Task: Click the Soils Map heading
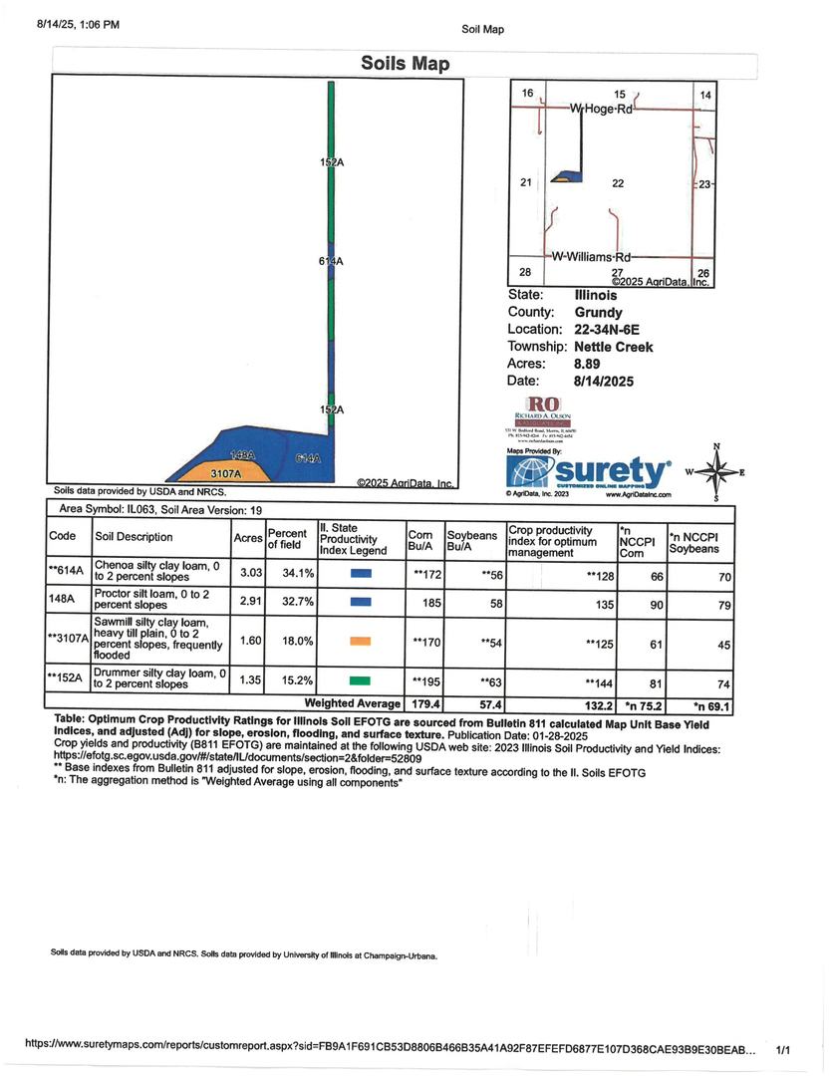pos(405,64)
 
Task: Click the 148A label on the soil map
pos(243,455)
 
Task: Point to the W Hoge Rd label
pos(601,109)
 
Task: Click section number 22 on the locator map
pos(618,183)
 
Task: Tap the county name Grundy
pos(598,313)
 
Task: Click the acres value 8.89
pos(591,364)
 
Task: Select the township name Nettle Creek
pos(614,347)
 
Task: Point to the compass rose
pos(715,472)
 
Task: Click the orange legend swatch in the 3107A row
pos(361,642)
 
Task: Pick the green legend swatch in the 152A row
pos(361,680)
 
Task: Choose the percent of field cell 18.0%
pos(297,642)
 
